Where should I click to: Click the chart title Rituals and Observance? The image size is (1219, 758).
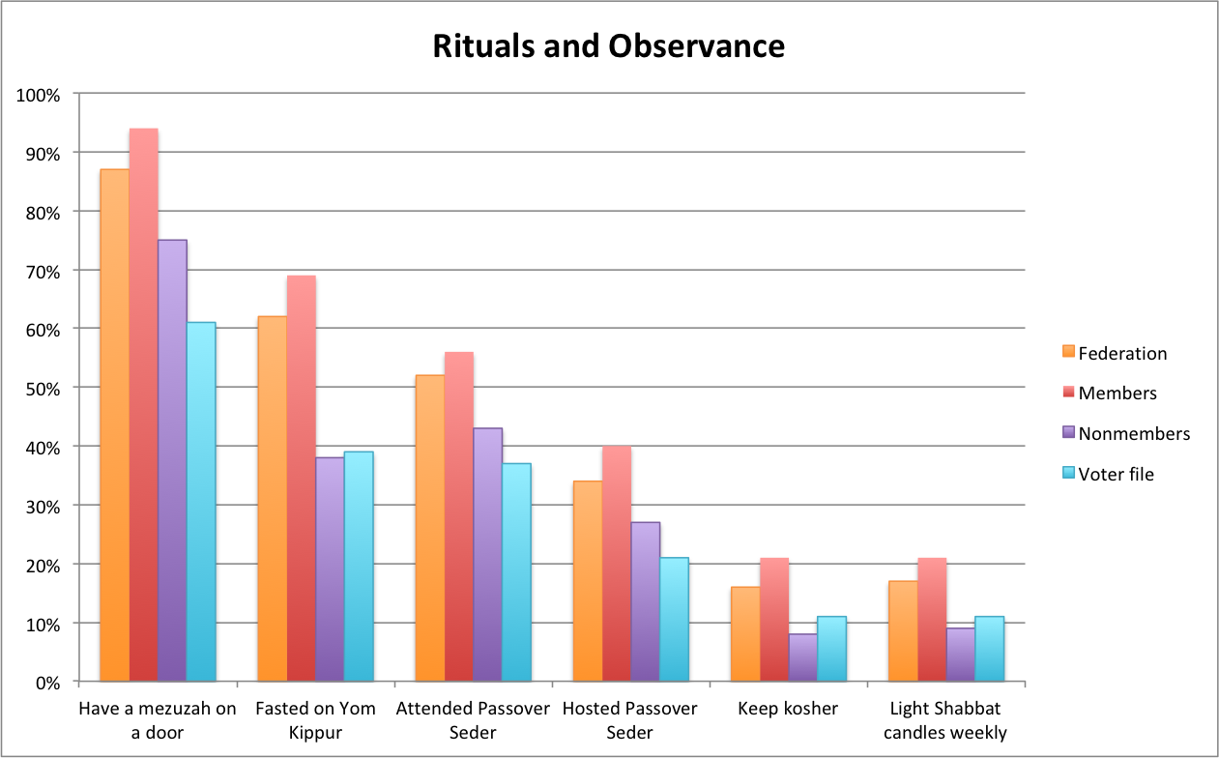coord(608,46)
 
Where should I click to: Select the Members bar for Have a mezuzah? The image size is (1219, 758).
coord(144,405)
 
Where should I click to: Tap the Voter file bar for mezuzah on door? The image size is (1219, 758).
coord(201,502)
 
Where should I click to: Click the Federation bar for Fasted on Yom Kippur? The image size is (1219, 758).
coord(273,499)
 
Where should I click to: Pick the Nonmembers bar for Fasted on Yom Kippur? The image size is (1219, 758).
coord(330,569)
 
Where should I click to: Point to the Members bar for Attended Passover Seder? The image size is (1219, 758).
coord(459,516)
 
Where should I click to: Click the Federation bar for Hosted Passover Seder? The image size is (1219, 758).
coord(588,581)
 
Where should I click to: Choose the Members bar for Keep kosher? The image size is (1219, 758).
coord(774,620)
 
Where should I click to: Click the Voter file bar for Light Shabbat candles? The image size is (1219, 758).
coord(989,649)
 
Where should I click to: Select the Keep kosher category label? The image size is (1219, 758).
coord(788,709)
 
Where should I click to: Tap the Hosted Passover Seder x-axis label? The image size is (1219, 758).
coord(629,720)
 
